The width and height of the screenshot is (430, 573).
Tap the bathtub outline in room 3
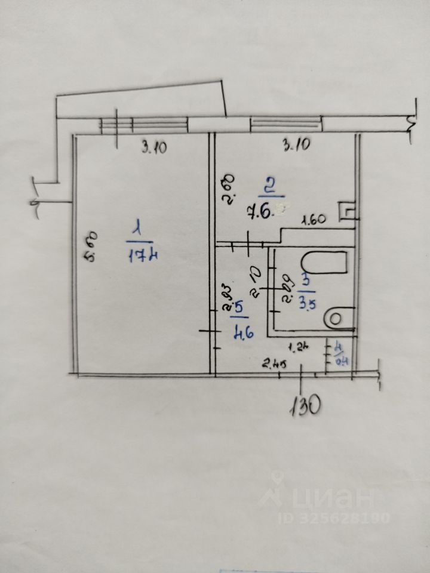[x=325, y=263]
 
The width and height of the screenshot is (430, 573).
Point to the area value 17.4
[x=143, y=256]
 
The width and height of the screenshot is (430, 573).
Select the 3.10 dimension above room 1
[x=153, y=147]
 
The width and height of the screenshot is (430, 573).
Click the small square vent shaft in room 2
[x=346, y=211]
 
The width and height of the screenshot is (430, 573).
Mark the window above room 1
[x=143, y=125]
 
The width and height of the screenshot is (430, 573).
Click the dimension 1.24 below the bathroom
[x=297, y=346]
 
